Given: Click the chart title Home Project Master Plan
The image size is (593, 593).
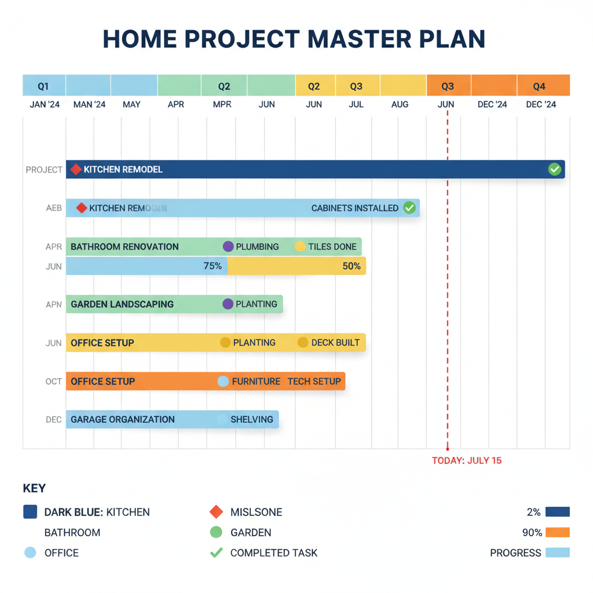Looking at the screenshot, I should (x=294, y=39).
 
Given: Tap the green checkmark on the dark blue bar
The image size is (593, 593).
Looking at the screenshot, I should (x=554, y=169).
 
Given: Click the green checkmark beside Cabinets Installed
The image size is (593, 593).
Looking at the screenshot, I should (x=409, y=208).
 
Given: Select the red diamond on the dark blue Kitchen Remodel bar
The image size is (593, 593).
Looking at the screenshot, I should (x=76, y=170).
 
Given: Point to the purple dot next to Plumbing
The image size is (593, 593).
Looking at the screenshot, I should (x=228, y=247).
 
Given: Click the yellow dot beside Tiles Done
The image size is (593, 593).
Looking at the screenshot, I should (x=300, y=247).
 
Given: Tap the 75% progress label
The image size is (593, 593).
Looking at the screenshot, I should (x=213, y=266).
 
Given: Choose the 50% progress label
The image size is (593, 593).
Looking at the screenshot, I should (x=351, y=266).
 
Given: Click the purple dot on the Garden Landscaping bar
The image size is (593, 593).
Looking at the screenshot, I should (x=228, y=304).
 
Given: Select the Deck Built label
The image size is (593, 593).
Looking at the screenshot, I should (x=335, y=343).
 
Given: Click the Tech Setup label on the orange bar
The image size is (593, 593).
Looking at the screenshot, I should (x=314, y=382).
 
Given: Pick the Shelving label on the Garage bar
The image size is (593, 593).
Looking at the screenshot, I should (x=252, y=419).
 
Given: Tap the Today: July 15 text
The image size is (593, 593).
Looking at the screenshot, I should (x=467, y=461).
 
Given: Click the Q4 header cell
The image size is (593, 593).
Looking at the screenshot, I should (x=539, y=87).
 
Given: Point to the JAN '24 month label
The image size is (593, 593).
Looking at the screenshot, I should (x=45, y=105).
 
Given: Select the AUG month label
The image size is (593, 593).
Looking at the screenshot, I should (x=400, y=105).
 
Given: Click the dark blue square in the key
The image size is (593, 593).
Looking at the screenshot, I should (x=30, y=512).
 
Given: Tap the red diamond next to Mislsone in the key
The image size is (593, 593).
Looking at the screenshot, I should (x=216, y=512).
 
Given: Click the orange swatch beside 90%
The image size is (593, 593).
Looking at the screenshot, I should (x=557, y=532).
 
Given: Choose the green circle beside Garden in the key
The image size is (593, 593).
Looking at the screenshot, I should (x=216, y=532).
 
